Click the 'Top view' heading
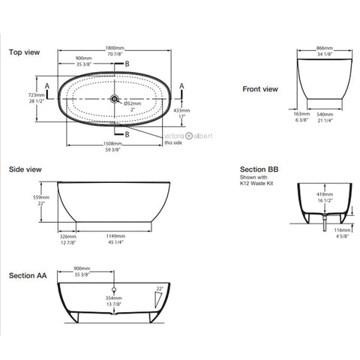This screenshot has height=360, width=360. pos(25,53)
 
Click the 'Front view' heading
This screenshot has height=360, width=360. pos(260,89)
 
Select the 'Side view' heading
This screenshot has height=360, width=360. pos(25,171)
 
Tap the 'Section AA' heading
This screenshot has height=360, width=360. pos(28,275)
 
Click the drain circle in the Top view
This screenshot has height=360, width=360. pos(115,98)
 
